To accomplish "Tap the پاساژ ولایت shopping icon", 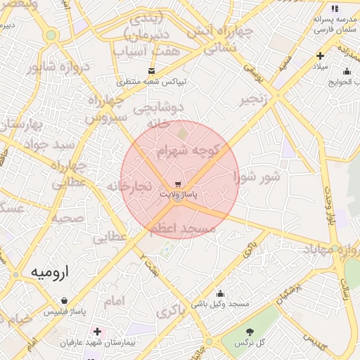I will [x=176, y=184].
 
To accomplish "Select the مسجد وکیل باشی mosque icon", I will [x=220, y=294].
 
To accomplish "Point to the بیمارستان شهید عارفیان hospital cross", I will [x=97, y=331].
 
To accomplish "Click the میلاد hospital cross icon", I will [x=320, y=56].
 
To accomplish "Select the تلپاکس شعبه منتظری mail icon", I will [x=151, y=70].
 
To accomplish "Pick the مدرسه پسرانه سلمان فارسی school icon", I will [x=335, y=9].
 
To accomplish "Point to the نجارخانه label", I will [x=129, y=186].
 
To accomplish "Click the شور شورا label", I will [x=257, y=175].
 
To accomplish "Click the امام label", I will [x=114, y=301].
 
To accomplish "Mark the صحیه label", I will [x=67, y=219].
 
